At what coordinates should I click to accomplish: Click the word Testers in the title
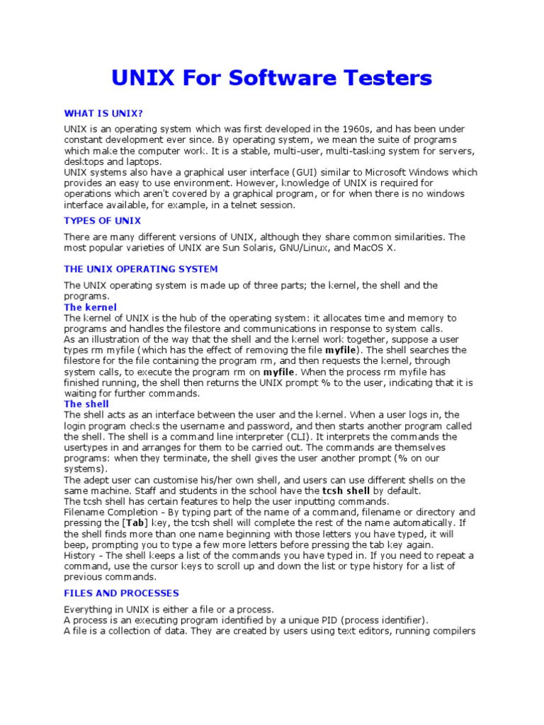click(x=385, y=77)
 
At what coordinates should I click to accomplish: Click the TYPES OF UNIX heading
click(x=102, y=221)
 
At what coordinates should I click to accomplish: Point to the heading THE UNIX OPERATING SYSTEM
click(x=141, y=269)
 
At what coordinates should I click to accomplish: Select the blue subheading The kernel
click(x=86, y=307)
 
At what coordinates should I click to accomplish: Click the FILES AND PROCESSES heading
click(x=121, y=593)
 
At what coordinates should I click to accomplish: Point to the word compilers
click(x=451, y=631)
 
